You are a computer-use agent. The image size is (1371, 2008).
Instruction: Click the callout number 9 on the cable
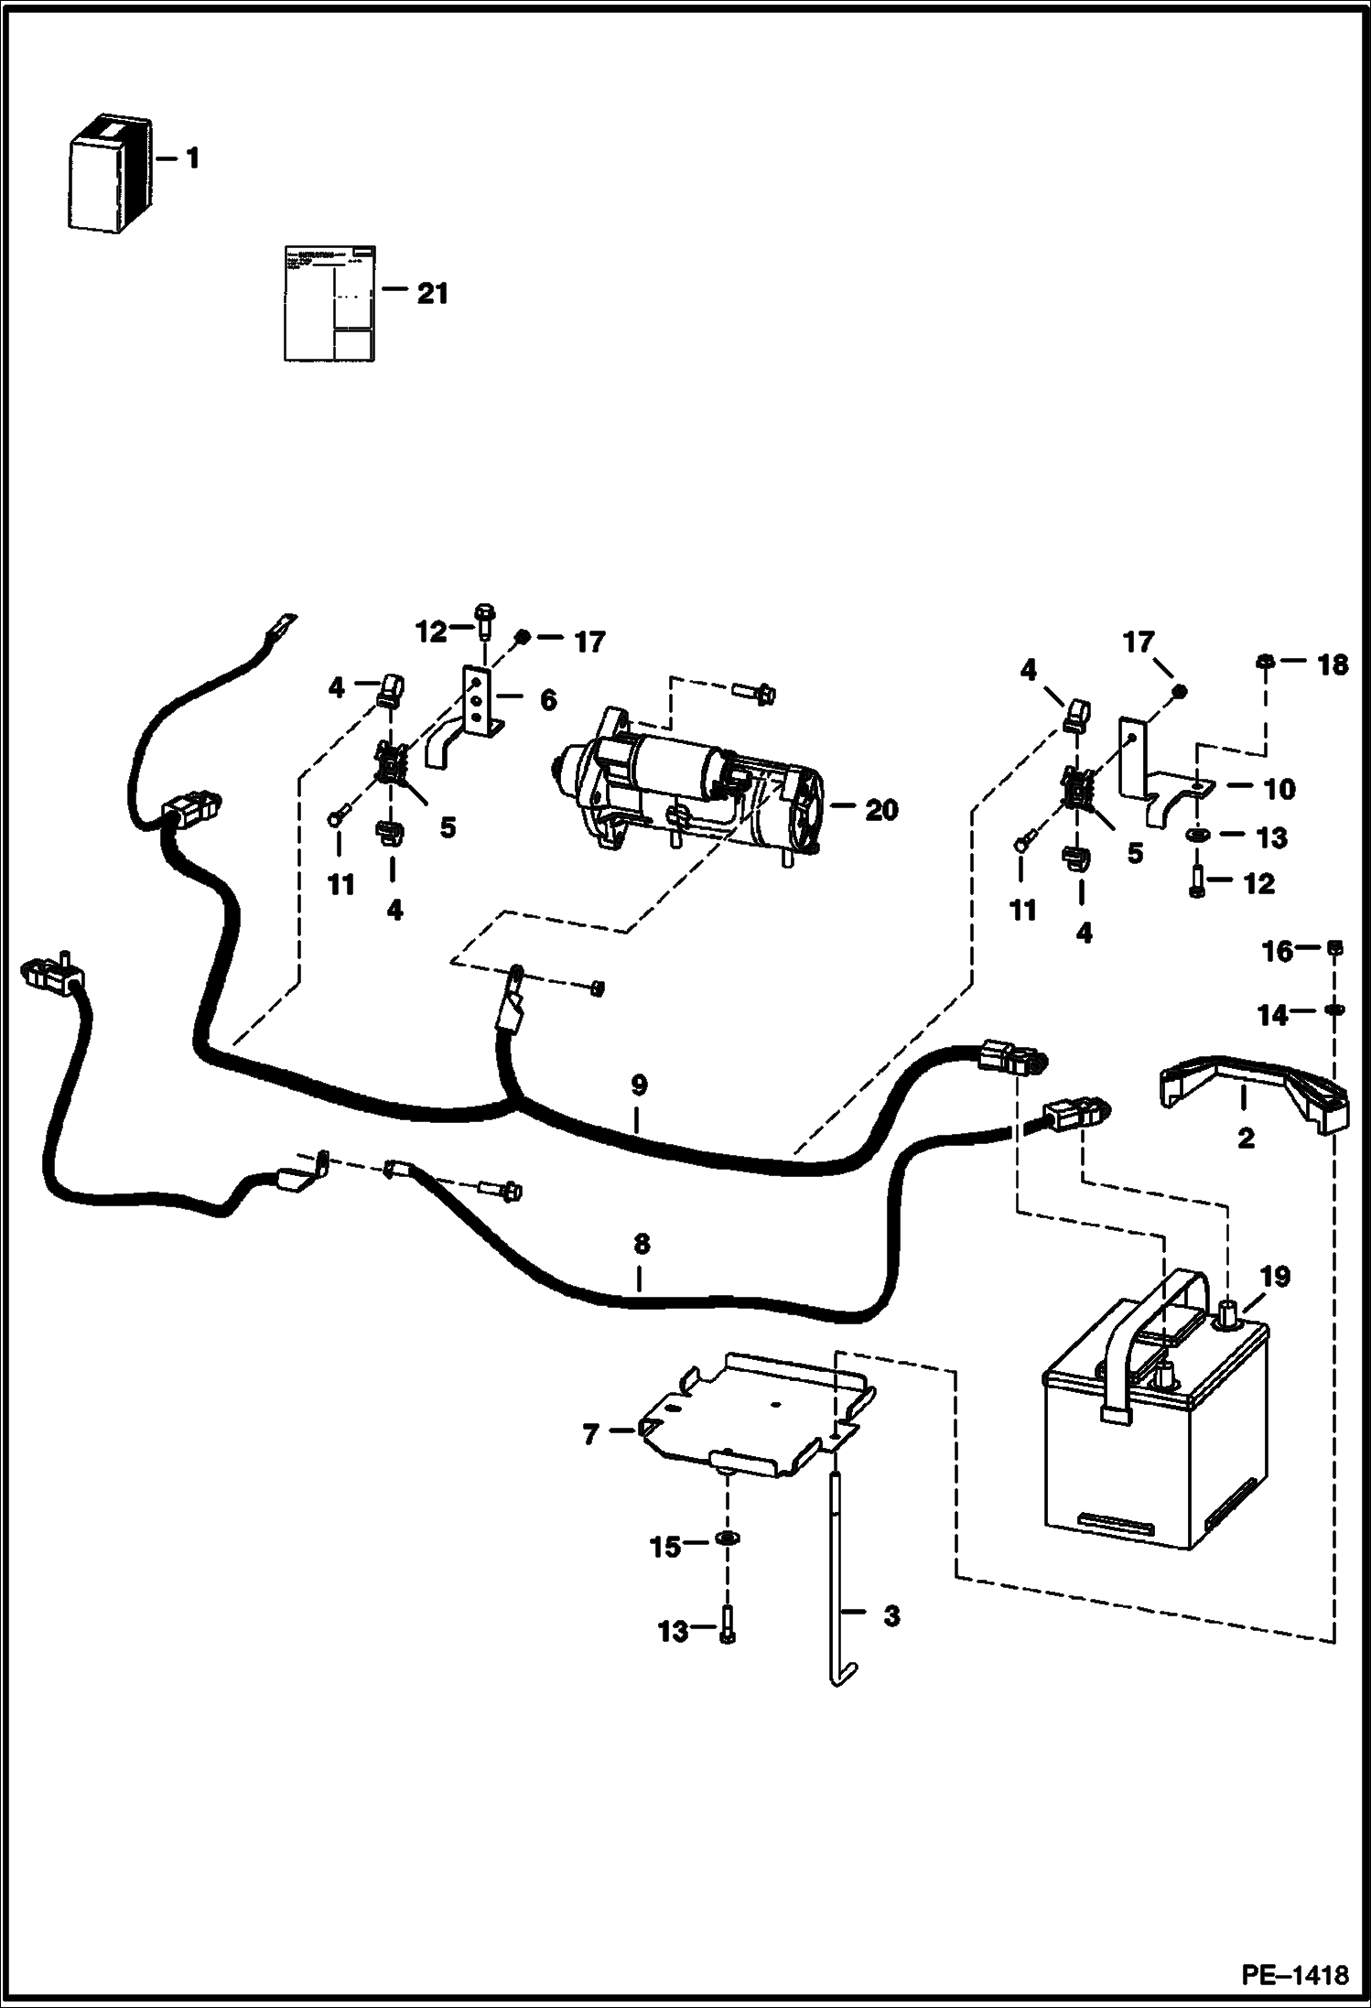click(639, 1085)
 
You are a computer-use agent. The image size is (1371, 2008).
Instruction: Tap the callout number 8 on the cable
click(641, 1244)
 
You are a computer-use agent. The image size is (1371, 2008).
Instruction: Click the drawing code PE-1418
click(1294, 1975)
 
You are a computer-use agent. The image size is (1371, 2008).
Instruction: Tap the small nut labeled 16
click(1333, 949)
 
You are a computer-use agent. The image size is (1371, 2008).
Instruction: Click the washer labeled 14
click(1334, 1010)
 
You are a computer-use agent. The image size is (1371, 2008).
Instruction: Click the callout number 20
click(881, 810)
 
